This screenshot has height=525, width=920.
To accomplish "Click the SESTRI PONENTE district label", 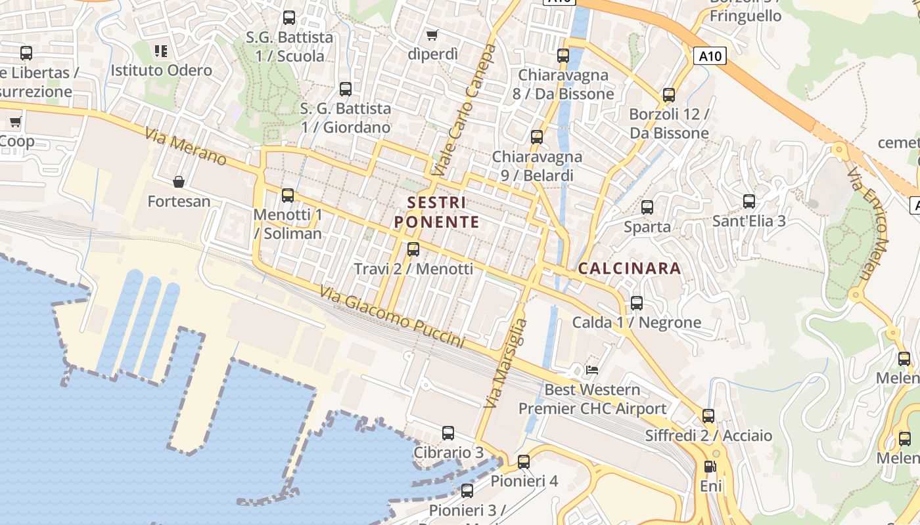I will pyautogui.click(x=437, y=212).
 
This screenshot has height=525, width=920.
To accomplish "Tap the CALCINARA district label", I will pyautogui.click(x=630, y=268).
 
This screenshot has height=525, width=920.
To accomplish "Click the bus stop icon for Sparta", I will pyautogui.click(x=647, y=207).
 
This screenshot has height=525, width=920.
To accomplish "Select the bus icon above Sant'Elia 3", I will pyautogui.click(x=748, y=201).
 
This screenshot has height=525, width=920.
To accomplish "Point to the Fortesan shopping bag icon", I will pyautogui.click(x=179, y=182).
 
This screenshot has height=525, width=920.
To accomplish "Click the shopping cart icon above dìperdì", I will pyautogui.click(x=432, y=35).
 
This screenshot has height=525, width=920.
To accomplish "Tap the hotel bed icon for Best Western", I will pyautogui.click(x=592, y=369).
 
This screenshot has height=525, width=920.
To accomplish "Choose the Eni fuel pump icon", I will pyautogui.click(x=710, y=467).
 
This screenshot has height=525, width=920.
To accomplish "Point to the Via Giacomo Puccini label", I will pyautogui.click(x=392, y=317).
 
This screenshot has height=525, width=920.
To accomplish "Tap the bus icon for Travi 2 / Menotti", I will pyautogui.click(x=413, y=249).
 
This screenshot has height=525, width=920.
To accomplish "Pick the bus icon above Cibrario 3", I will pyautogui.click(x=448, y=433).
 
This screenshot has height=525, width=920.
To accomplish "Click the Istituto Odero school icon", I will pyautogui.click(x=161, y=51).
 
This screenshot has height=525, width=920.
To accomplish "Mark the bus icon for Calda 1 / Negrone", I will pyautogui.click(x=636, y=303).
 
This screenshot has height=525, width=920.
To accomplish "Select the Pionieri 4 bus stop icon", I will pyautogui.click(x=524, y=462).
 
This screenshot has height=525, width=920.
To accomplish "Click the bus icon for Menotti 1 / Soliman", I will pyautogui.click(x=287, y=196).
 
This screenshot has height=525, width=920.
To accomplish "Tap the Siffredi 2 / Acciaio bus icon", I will pyautogui.click(x=708, y=416).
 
